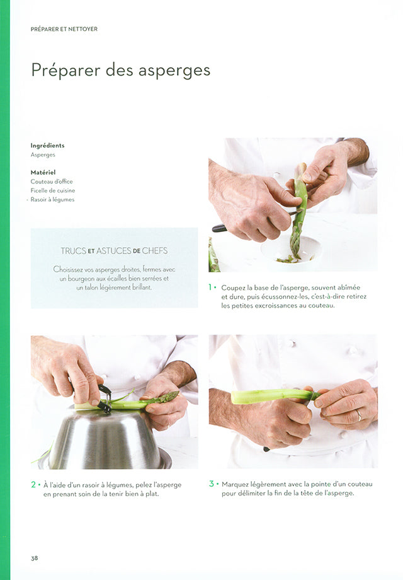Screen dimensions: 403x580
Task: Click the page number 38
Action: click(35, 558)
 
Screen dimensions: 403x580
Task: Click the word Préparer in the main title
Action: click(65, 70)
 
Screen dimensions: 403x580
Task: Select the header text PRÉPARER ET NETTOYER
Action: click(64, 29)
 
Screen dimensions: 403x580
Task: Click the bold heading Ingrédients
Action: click(47, 146)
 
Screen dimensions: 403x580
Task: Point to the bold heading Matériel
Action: click(43, 172)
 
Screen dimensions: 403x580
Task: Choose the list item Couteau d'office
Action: click(52, 182)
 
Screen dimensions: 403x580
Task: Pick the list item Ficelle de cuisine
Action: click(53, 190)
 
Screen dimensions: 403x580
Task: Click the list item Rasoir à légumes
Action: click(52, 200)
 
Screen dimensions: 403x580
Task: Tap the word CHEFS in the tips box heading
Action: click(155, 251)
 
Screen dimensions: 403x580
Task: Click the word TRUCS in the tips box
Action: click(74, 251)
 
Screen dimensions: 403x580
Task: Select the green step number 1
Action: click(210, 287)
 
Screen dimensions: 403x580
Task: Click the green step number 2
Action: click(33, 485)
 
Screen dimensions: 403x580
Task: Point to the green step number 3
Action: click(212, 484)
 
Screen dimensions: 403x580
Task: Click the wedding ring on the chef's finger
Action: click(359, 415)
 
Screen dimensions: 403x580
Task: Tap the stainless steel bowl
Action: click(105, 438)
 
